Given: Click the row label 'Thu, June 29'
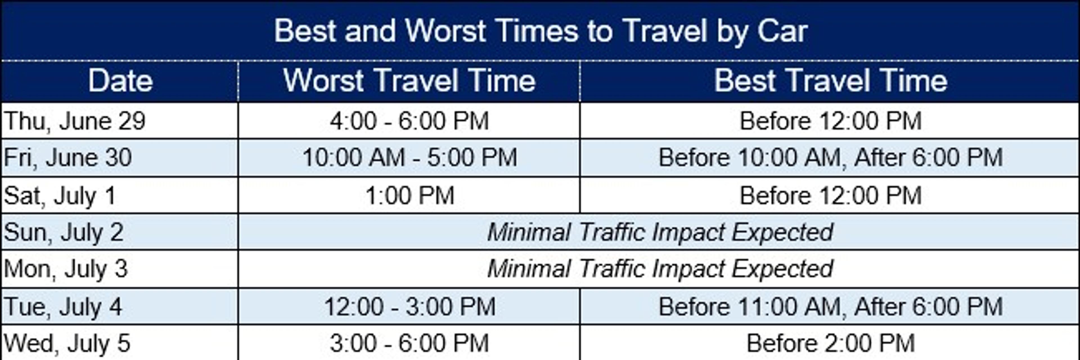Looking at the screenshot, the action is [75, 121].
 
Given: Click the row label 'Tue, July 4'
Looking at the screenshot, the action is [63, 307].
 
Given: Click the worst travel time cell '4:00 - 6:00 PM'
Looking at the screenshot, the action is [409, 121].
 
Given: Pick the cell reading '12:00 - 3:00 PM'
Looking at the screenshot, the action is [409, 307].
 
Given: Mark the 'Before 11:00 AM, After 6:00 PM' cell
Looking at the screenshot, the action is [831, 307].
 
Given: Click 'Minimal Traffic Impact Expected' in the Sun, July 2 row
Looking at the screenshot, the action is [660, 232].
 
